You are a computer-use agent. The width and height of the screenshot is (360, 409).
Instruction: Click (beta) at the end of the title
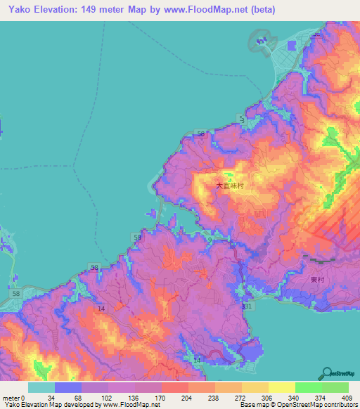[x=260, y=10]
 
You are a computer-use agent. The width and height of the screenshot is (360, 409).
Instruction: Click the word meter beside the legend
[x=11, y=397]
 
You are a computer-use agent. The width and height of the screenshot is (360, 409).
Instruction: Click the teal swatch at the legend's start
[x=41, y=387]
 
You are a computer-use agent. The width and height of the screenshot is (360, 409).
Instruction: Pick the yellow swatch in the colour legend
[x=281, y=387]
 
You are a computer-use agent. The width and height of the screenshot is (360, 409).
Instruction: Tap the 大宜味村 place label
[x=229, y=186]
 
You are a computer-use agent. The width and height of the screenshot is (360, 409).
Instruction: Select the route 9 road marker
[x=210, y=240]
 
